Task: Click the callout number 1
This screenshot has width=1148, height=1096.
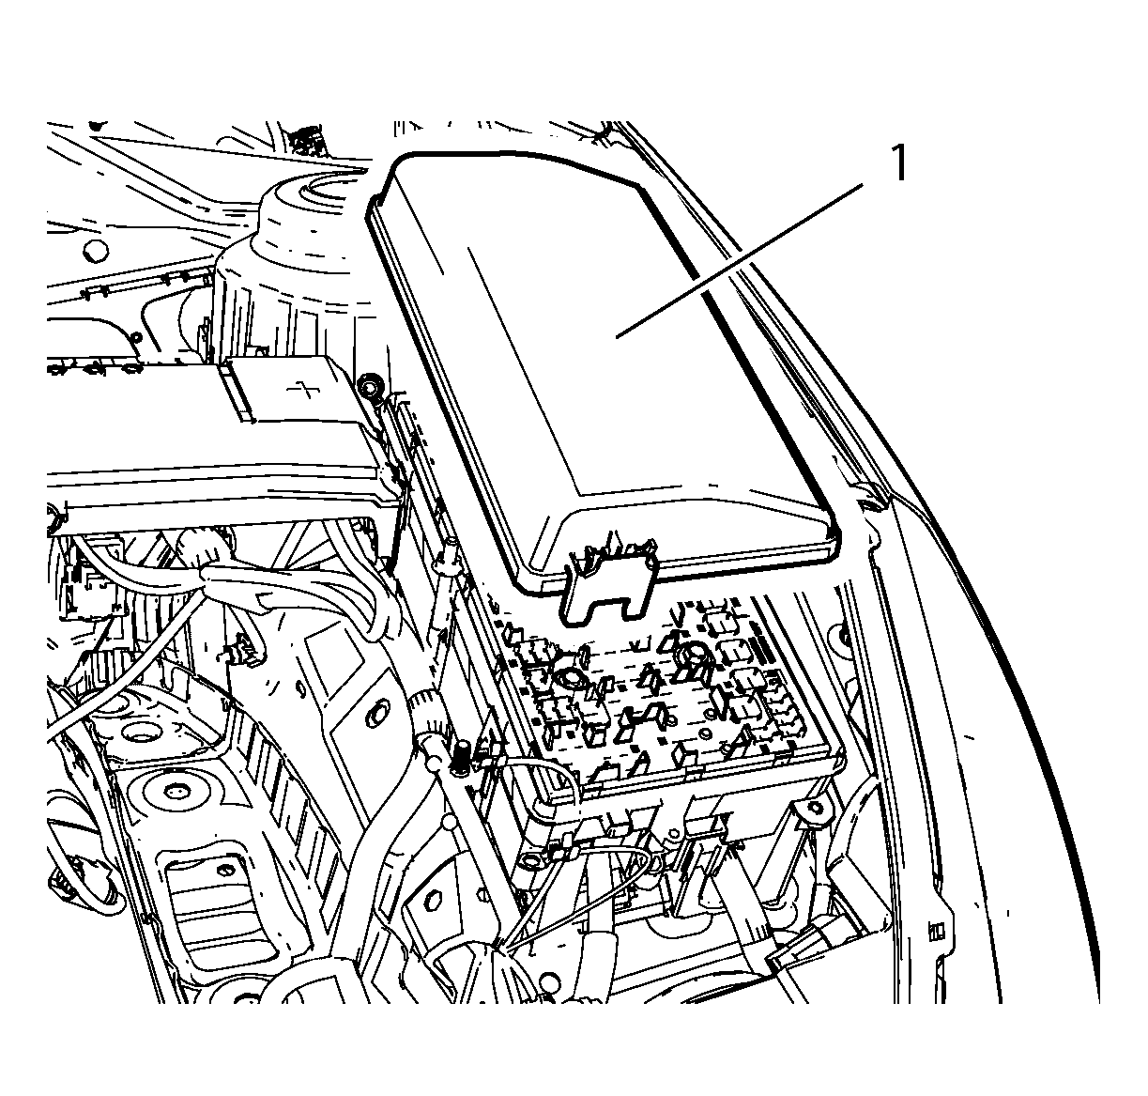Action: (898, 163)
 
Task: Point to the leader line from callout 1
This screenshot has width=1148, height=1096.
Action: (740, 260)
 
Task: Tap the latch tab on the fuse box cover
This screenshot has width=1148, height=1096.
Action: (609, 578)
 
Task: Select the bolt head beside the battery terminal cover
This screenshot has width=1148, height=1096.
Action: (369, 386)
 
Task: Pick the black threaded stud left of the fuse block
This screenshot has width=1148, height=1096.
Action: (462, 758)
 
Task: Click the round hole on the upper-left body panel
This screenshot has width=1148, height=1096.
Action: (95, 251)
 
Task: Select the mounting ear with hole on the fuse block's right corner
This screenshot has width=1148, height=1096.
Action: (814, 810)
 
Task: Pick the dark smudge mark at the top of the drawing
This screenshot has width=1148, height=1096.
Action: (306, 141)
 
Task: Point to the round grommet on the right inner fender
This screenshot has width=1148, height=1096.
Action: (842, 636)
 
